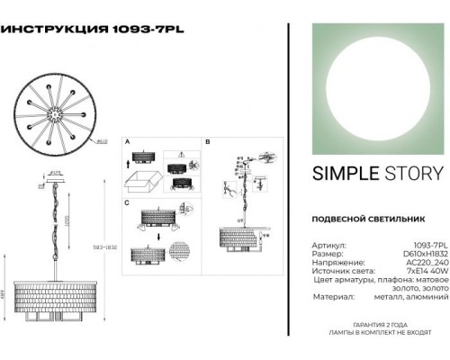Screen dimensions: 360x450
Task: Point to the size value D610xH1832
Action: click(422, 253)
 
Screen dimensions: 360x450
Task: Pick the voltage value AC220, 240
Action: click(422, 263)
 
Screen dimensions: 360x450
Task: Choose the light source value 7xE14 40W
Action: click(423, 273)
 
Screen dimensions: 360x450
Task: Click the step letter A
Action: click(127, 143)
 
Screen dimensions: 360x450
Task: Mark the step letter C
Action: click(127, 203)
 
